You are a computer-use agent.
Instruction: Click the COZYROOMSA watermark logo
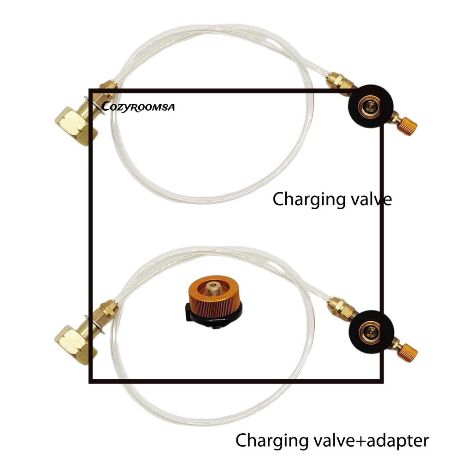138,107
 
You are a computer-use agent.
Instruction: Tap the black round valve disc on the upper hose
371,106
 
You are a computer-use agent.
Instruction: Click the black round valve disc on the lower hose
371,332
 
